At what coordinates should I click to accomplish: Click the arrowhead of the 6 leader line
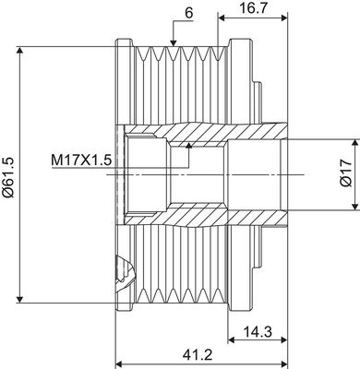pos(174,42)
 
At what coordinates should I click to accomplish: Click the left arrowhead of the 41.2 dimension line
pos(117,362)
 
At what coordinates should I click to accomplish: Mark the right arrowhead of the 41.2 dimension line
pos(282,362)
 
